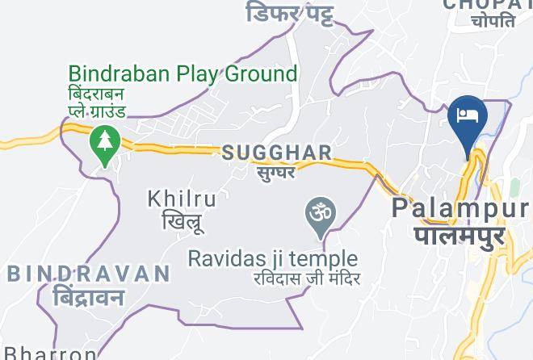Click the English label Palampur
(x=460, y=209)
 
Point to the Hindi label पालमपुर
(x=460, y=236)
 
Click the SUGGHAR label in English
(x=276, y=153)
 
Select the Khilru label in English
(x=182, y=199)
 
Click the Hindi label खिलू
(x=182, y=220)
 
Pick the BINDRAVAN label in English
(x=89, y=274)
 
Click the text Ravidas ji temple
(x=272, y=258)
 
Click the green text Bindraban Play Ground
(x=183, y=73)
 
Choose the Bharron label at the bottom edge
(x=48, y=354)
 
